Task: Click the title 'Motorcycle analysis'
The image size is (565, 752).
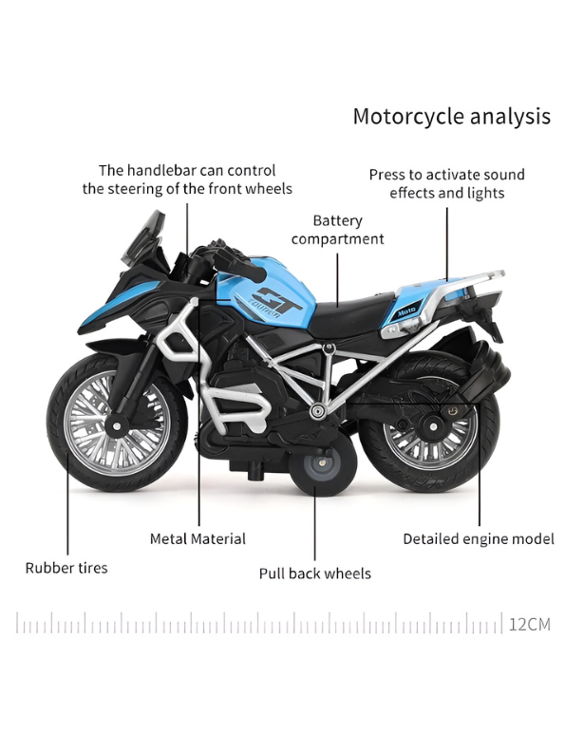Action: coord(451,117)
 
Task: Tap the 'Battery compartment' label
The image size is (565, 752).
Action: coord(337,229)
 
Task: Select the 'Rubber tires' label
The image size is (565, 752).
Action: coord(66,568)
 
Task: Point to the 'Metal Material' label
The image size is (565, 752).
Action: coord(198,538)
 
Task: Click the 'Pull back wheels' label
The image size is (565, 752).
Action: coord(314,573)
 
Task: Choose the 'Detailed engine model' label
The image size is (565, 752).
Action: coord(478,538)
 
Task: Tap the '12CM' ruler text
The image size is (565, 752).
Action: coord(529,624)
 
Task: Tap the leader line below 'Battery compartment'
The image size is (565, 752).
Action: coord(338,275)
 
